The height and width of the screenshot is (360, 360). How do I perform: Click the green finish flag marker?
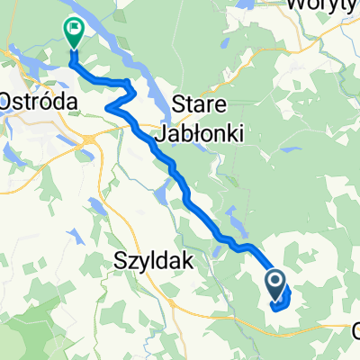point(73,32)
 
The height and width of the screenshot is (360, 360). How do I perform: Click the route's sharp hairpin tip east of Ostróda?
point(108,108)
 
